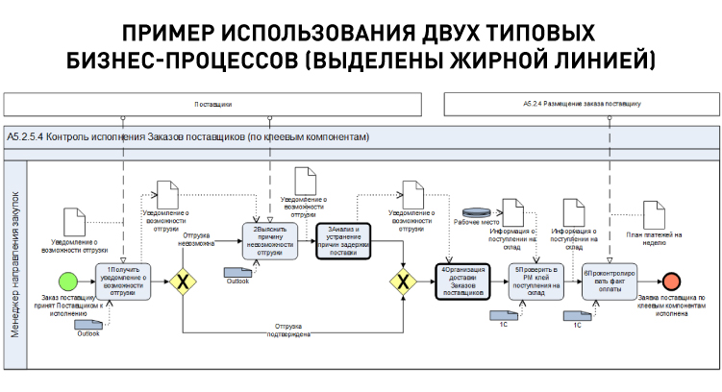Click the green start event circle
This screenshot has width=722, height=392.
68,282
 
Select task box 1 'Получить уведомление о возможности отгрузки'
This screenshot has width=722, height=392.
122,282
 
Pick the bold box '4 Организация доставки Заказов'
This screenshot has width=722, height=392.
463,282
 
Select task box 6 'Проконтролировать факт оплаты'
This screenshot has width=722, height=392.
609,282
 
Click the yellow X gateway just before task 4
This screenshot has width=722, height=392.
403,282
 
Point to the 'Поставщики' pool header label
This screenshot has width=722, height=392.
212,102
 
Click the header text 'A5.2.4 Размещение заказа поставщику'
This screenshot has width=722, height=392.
582,102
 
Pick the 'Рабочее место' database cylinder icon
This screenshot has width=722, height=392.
477,211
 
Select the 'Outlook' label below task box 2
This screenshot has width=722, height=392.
237,281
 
